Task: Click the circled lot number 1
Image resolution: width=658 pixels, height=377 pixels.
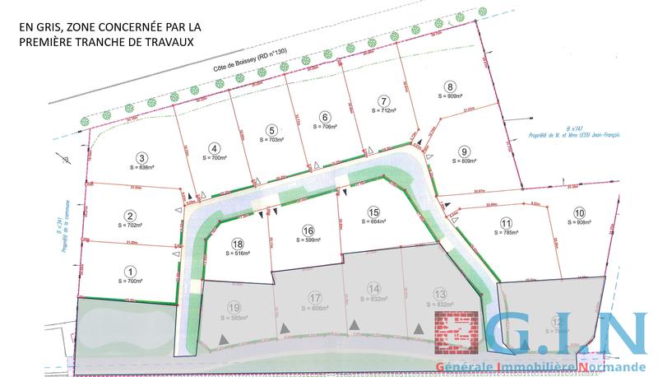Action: [x=129, y=271]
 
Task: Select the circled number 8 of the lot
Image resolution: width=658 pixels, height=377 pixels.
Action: [x=449, y=86]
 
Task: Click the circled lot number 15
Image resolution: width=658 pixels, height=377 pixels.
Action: [x=373, y=211]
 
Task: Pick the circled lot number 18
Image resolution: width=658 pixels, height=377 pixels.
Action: [x=238, y=244]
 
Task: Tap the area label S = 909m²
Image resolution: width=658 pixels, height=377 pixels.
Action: [x=449, y=96]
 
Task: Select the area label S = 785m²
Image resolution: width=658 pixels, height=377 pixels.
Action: [x=506, y=232]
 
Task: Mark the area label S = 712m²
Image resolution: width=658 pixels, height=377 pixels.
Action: [x=383, y=110]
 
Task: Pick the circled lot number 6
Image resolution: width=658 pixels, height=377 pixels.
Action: [x=326, y=117]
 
